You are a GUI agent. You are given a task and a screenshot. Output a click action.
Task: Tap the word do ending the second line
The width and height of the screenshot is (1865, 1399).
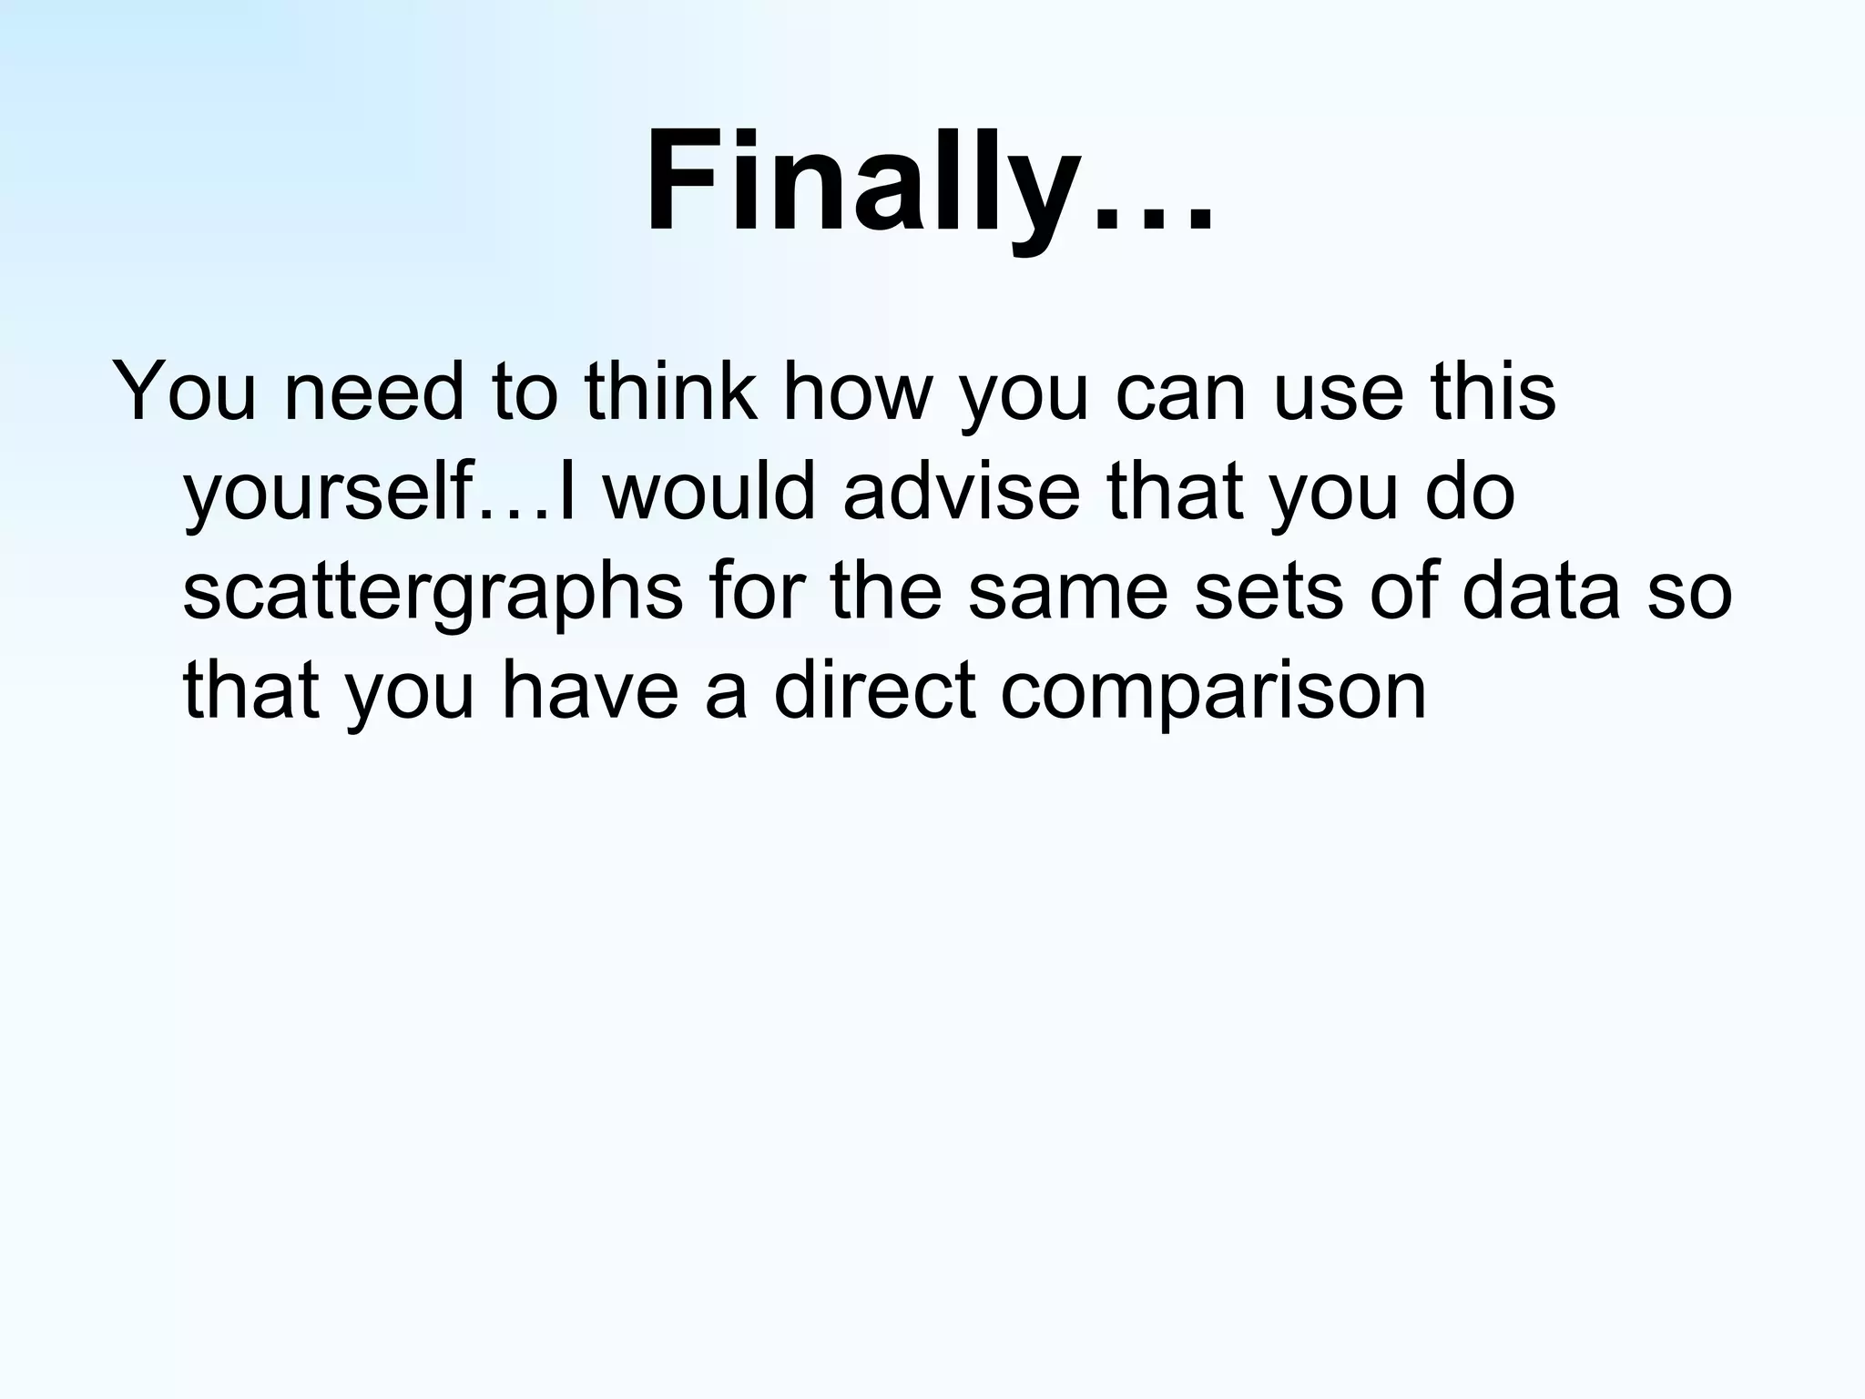pos(1470,493)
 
